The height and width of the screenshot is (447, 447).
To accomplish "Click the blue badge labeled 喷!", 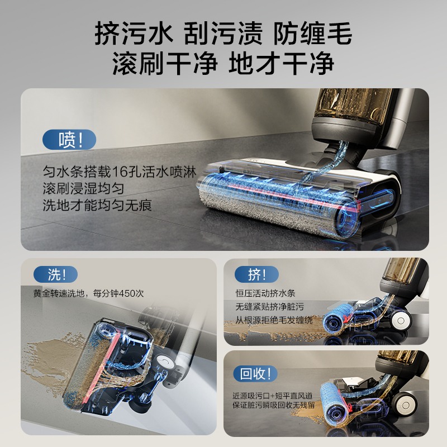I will pyautogui.click(x=69, y=139).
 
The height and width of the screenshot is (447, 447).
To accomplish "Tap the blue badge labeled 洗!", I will pyautogui.click(x=56, y=274).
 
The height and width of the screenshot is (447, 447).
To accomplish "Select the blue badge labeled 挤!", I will pyautogui.click(x=256, y=274).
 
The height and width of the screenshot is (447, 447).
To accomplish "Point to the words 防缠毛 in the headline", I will pyautogui.click(x=312, y=35).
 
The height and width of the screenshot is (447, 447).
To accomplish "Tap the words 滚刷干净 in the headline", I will pyautogui.click(x=164, y=64).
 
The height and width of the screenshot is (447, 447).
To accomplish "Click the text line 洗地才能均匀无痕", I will pyautogui.click(x=97, y=205).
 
